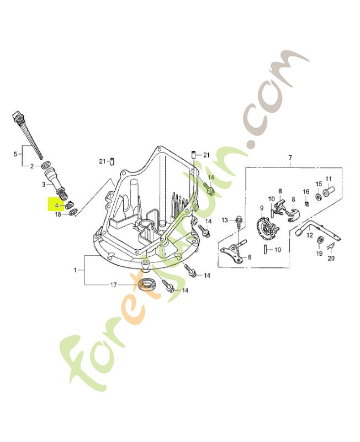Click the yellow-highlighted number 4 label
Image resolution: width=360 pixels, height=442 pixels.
57,206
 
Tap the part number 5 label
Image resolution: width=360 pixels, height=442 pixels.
15,154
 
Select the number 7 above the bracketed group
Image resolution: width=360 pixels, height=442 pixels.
290,157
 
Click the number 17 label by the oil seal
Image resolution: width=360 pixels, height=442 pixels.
113,285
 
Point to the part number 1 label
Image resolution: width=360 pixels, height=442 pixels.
75,270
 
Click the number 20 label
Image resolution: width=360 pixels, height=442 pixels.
331,258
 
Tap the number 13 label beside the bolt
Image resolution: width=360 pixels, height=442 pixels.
225,220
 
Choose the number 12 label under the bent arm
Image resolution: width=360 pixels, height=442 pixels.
310,235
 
